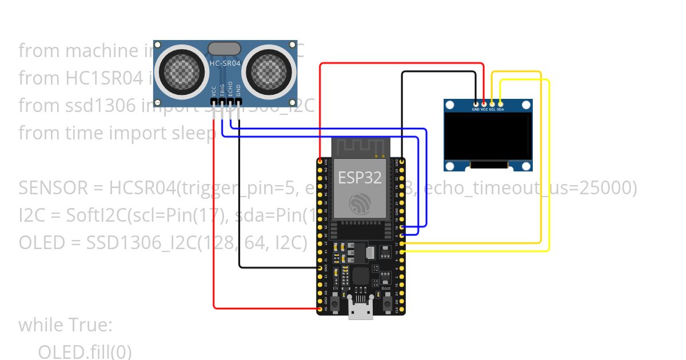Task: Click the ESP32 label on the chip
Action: (x=360, y=177)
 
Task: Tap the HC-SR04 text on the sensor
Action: (x=225, y=63)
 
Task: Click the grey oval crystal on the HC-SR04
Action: (x=224, y=49)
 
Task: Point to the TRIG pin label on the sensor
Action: (x=222, y=91)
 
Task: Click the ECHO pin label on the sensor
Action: (x=230, y=91)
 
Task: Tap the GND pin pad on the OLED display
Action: (x=476, y=104)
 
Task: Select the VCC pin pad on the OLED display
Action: (x=484, y=104)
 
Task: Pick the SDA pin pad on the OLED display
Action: (x=500, y=104)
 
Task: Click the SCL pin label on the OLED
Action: (x=492, y=109)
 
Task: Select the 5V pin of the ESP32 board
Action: (x=320, y=309)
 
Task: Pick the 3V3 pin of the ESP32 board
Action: (x=320, y=162)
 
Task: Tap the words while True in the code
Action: (x=65, y=325)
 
